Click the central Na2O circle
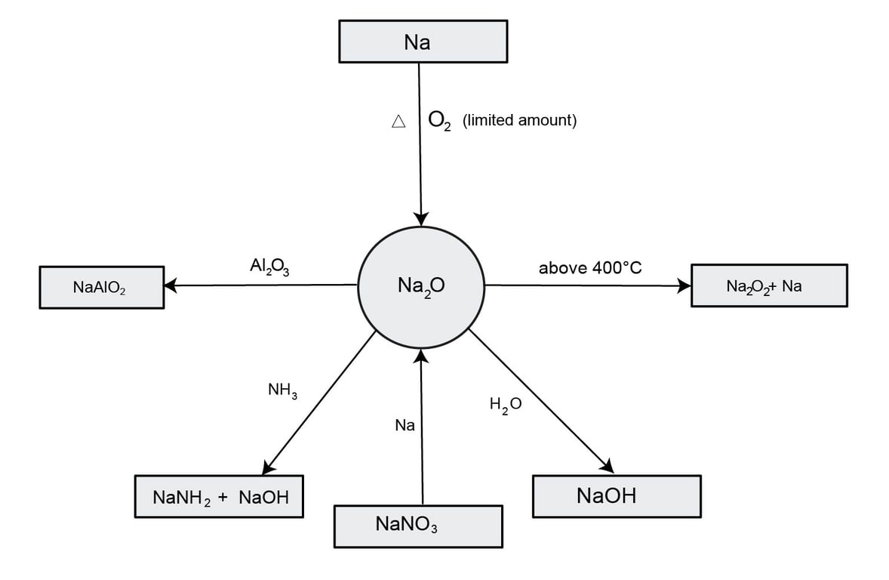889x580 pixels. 421,285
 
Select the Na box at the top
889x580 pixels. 421,42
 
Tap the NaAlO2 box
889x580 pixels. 101,288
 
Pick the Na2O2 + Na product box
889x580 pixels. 768,285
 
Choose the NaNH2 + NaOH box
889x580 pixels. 219,496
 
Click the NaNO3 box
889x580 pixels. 418,526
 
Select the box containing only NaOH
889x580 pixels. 616,496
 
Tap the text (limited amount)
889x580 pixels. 519,120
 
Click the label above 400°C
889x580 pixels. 590,267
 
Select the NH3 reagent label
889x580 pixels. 283,391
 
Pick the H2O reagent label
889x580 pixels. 505,406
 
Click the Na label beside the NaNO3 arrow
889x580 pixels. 405,426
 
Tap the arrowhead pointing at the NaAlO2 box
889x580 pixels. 171,285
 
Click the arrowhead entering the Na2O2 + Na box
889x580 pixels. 684,285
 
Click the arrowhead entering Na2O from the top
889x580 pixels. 421,217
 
